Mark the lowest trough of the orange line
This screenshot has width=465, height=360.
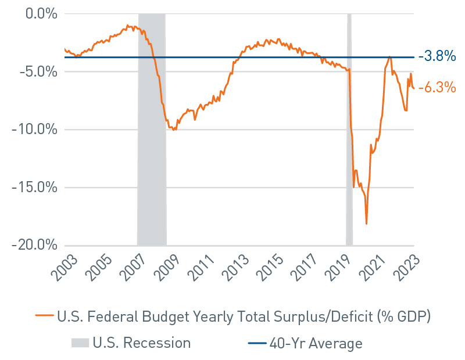click(366, 224)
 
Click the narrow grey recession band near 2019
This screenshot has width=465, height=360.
click(349, 128)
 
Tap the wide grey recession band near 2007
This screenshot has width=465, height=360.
click(152, 128)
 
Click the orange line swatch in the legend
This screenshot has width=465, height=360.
click(44, 316)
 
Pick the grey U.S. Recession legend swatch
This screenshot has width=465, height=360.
click(81, 343)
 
